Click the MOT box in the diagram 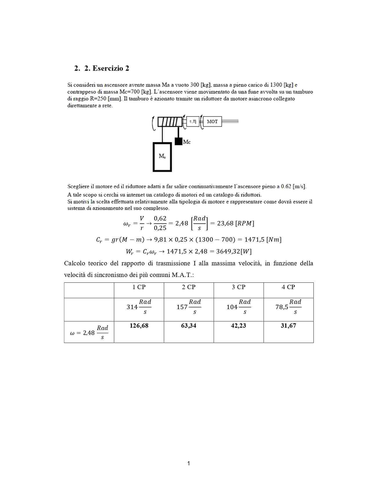pyautogui.click(x=212, y=121)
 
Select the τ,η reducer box pyautogui.click(x=193, y=121)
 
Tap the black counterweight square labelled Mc pyautogui.click(x=178, y=141)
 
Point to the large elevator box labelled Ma pyautogui.click(x=162, y=157)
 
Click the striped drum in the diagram pyautogui.click(x=170, y=122)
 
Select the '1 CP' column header pyautogui.click(x=139, y=287)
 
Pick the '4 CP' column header pyautogui.click(x=288, y=287)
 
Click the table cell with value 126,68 pyautogui.click(x=139, y=326)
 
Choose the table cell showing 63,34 pyautogui.click(x=189, y=326)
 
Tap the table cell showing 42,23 pyautogui.click(x=239, y=326)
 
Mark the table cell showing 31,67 pyautogui.click(x=288, y=326)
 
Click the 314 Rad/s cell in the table pyautogui.click(x=139, y=307)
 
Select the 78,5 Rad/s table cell pyautogui.click(x=288, y=307)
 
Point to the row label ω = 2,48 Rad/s pyautogui.click(x=89, y=333)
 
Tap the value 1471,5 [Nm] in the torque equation pyautogui.click(x=263, y=240)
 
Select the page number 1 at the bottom pyautogui.click(x=189, y=463)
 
